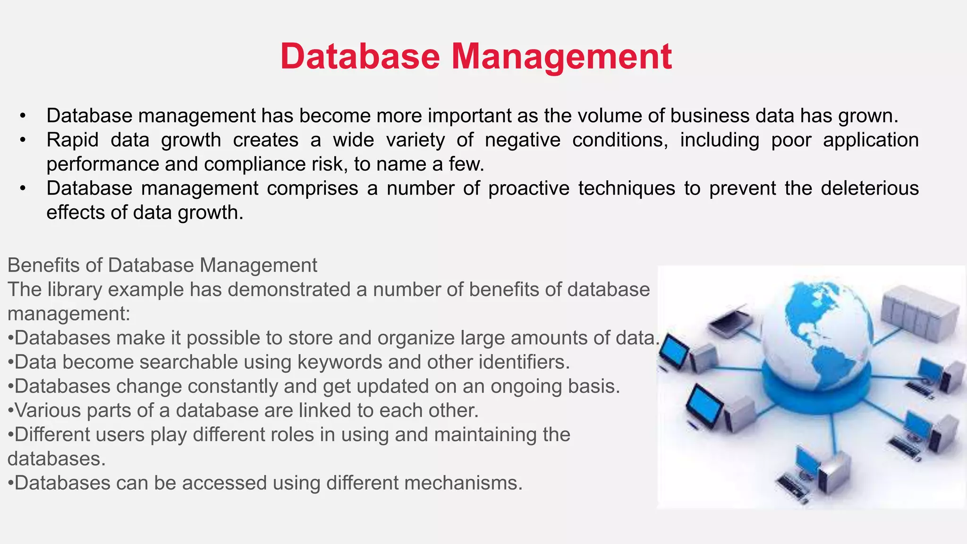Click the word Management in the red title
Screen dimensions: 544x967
tap(561, 57)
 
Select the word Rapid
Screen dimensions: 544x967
tap(72, 140)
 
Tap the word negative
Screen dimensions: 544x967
tap(523, 140)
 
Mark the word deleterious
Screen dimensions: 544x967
tap(870, 188)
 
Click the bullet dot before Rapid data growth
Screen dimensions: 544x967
tap(22, 140)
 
